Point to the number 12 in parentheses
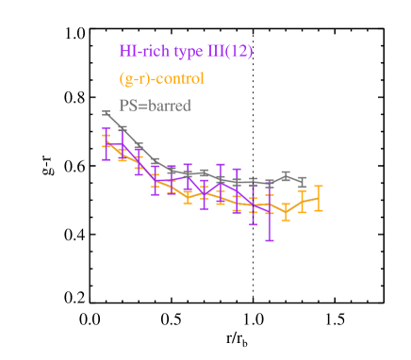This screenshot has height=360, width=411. pyautogui.click(x=238, y=51)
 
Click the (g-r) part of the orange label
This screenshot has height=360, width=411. pyautogui.click(x=135, y=78)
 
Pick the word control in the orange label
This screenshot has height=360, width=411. pyautogui.click(x=178, y=78)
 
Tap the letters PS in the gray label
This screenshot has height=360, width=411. pyautogui.click(x=127, y=106)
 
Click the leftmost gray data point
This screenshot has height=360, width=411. pyautogui.click(x=106, y=113)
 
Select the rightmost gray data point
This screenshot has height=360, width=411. pyautogui.click(x=302, y=180)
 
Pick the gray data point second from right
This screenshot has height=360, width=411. pyautogui.click(x=286, y=174)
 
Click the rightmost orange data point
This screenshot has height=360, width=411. pyautogui.click(x=319, y=198)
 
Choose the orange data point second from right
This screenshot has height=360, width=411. pyautogui.click(x=302, y=202)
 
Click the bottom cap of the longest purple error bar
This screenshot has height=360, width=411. pyautogui.click(x=270, y=241)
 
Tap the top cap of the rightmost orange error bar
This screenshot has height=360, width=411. pyautogui.click(x=319, y=186)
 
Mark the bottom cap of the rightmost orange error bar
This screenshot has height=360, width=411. pyautogui.click(x=319, y=210)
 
